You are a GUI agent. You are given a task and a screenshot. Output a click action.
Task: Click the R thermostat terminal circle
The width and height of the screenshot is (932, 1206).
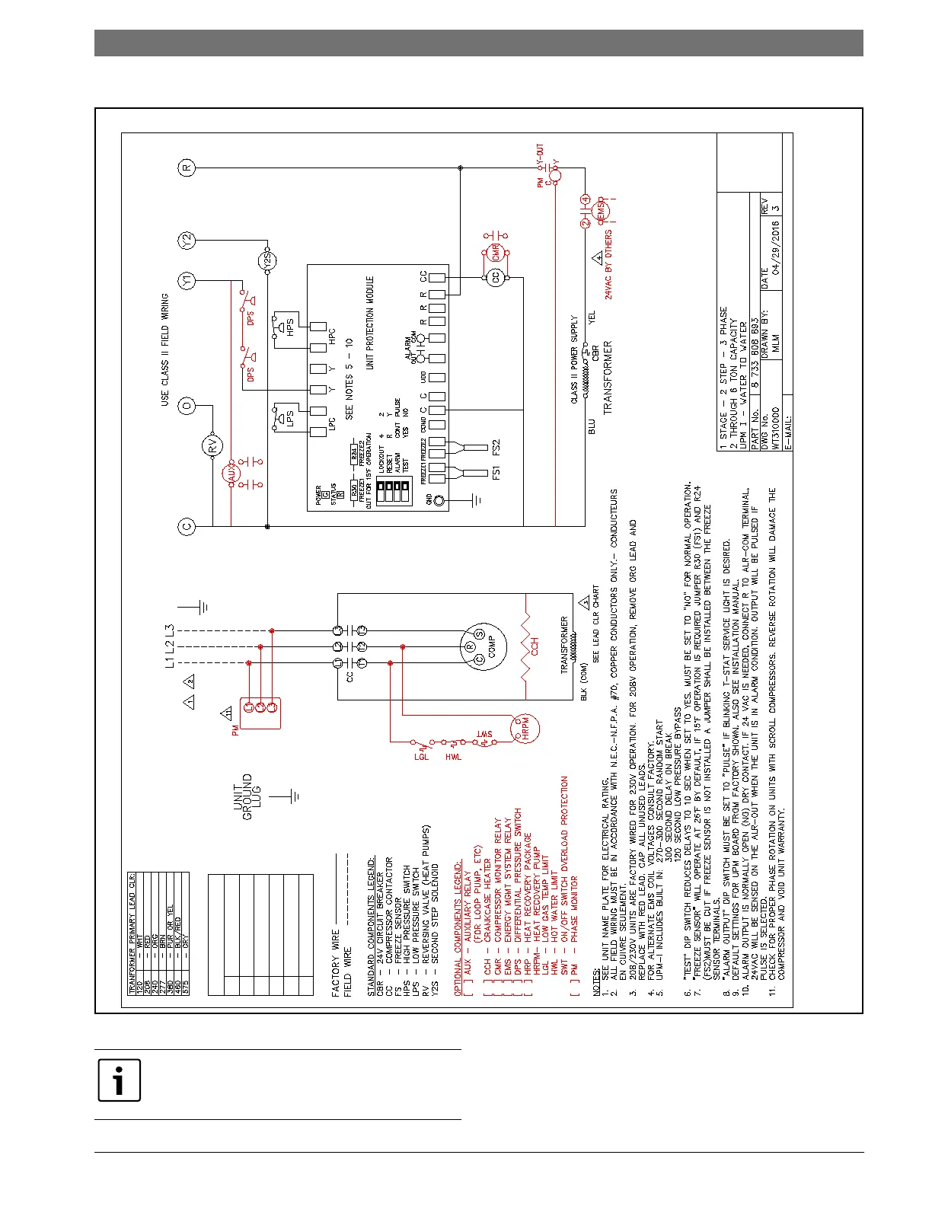coord(187,168)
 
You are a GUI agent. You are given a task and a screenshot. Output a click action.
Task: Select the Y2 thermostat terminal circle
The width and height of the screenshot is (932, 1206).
coord(187,241)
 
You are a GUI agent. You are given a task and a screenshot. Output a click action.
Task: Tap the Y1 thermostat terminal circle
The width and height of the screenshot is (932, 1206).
coord(187,281)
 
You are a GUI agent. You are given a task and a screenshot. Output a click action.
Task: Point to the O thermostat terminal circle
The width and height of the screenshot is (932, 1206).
coord(187,406)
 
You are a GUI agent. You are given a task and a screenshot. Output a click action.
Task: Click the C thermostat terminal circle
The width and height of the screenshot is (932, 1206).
coord(187,526)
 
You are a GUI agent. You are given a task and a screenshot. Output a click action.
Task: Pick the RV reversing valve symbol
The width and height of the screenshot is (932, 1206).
coord(214,445)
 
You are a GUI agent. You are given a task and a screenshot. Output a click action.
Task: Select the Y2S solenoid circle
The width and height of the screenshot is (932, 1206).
coord(267,261)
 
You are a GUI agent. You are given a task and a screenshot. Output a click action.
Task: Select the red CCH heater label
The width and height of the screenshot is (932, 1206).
coord(535,647)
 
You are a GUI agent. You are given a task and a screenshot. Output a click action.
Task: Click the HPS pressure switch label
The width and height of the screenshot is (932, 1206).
coord(289,327)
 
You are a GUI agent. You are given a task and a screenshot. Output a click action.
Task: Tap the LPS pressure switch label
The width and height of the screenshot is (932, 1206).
coord(289,418)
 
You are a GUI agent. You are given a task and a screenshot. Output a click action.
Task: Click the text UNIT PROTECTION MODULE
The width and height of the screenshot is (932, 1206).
coord(370,323)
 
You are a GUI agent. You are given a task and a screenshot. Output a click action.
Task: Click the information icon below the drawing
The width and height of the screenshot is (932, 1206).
coord(120,1080)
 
